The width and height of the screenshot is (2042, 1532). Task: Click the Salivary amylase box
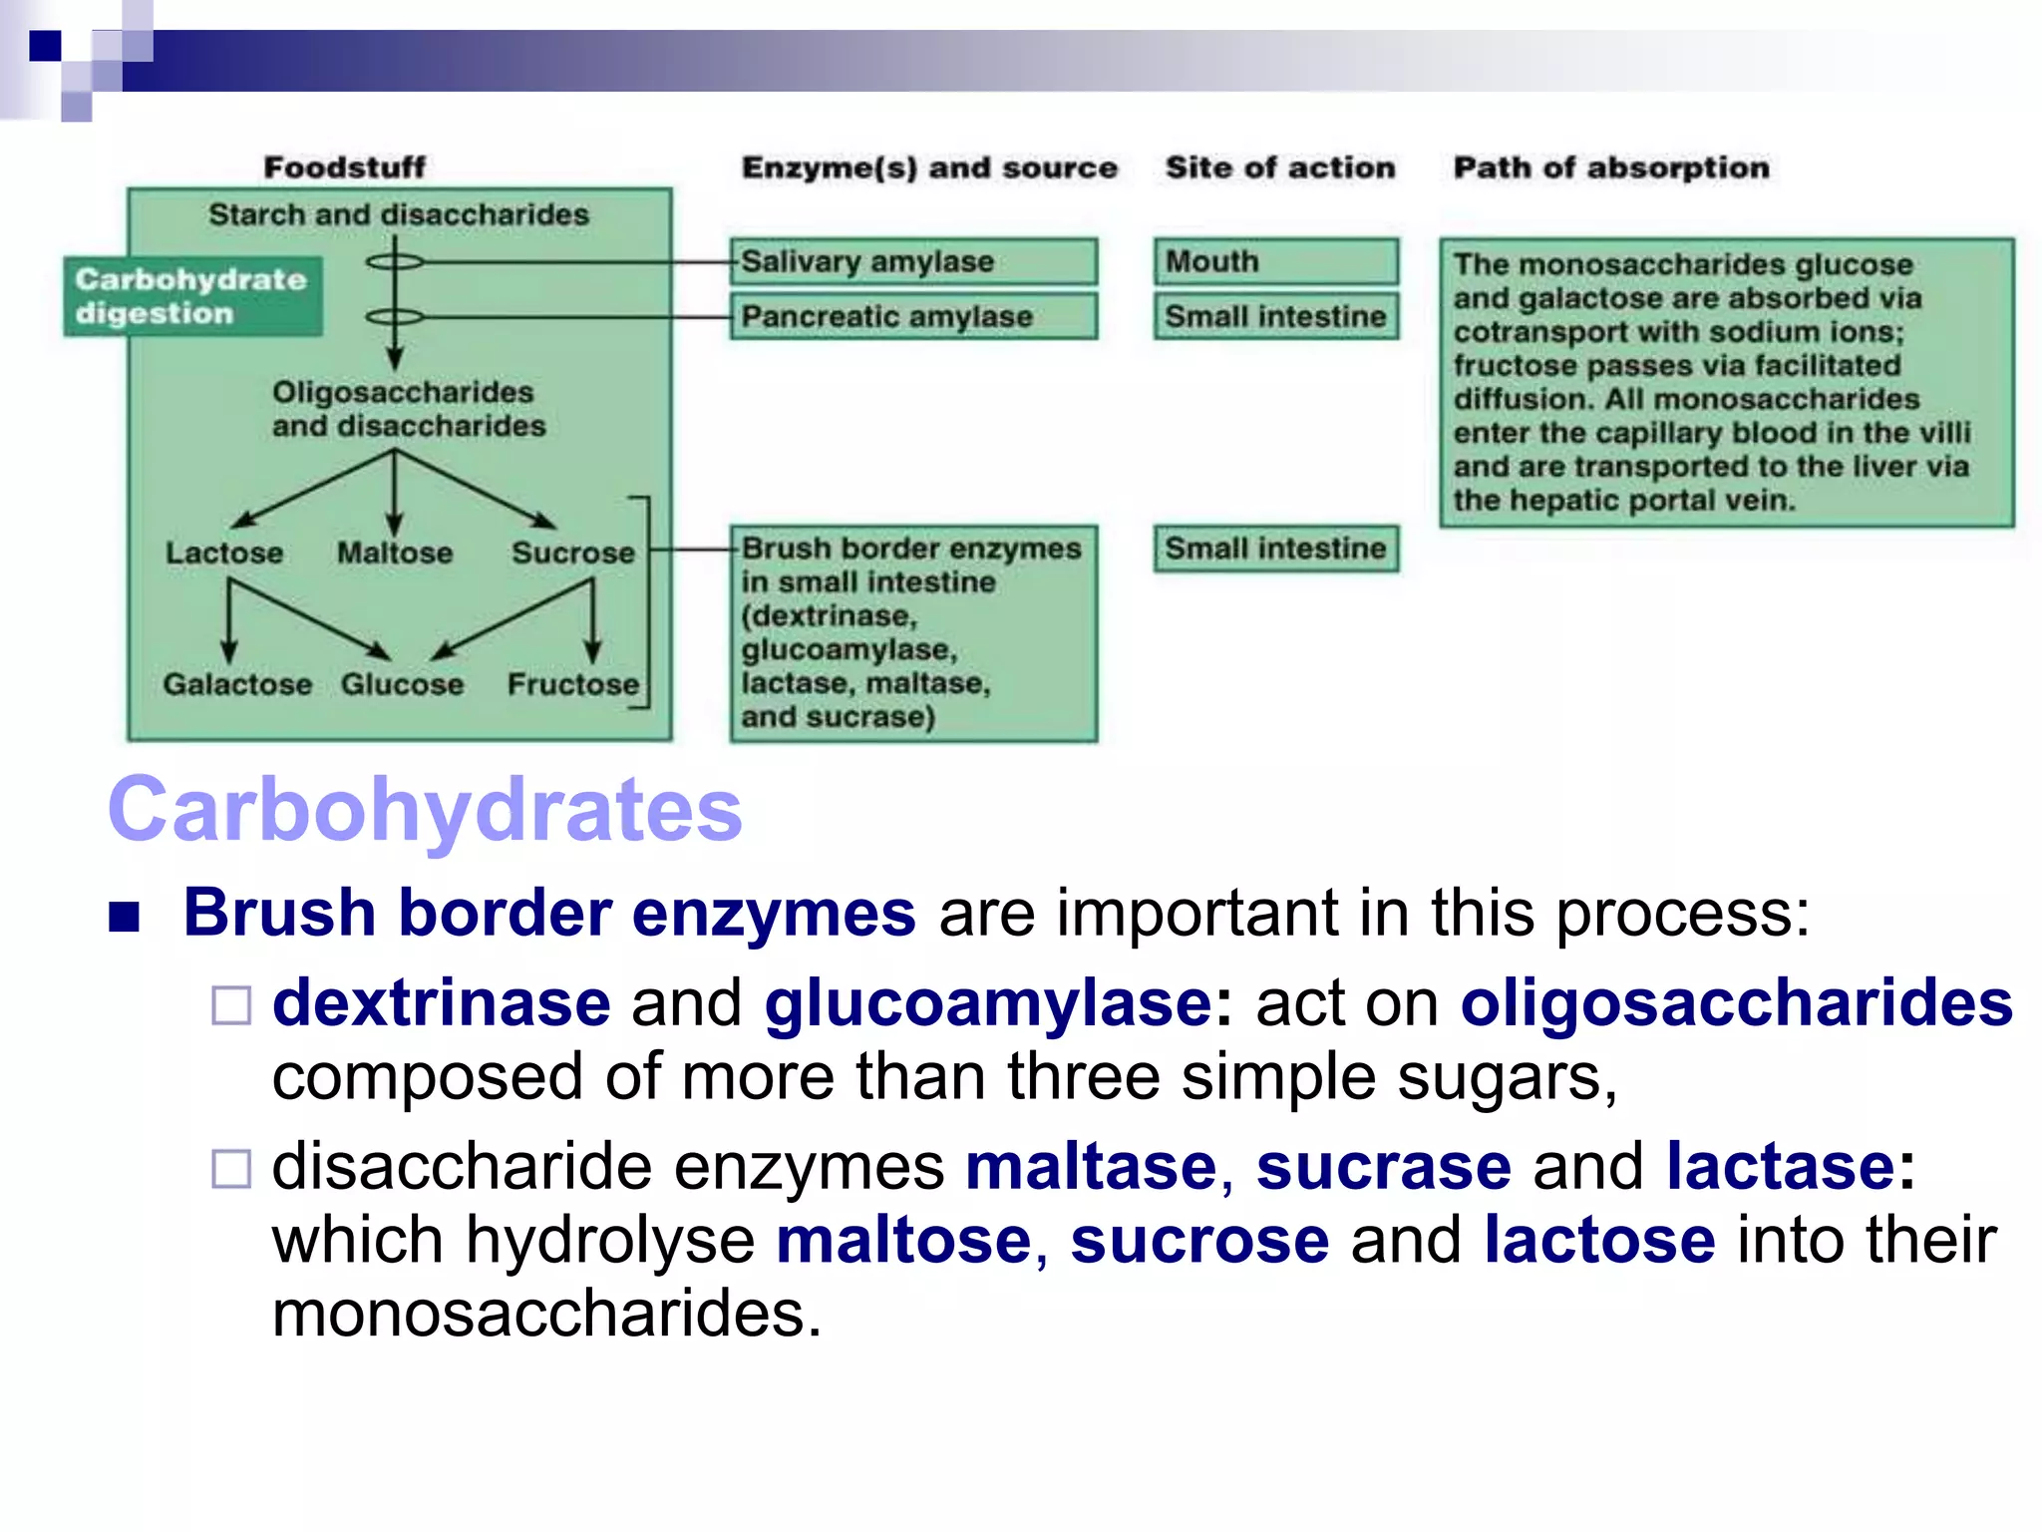click(x=912, y=261)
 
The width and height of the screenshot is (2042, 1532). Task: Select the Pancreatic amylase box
click(x=912, y=316)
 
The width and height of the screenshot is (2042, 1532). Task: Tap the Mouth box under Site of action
click(x=1275, y=261)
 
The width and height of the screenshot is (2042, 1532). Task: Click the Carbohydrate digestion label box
click(x=192, y=296)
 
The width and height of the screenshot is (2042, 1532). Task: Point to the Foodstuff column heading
click(x=344, y=168)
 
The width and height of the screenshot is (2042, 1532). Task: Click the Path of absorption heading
click(x=1610, y=168)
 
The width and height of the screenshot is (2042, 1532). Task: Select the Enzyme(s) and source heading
click(x=929, y=168)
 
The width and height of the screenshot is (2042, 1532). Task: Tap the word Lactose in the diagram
click(x=224, y=553)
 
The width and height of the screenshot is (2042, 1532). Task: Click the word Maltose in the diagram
click(x=395, y=553)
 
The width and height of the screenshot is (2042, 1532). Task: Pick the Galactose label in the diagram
click(x=237, y=684)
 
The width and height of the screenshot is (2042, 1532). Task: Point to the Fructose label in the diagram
click(x=573, y=684)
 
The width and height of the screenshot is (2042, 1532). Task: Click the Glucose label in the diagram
click(x=402, y=684)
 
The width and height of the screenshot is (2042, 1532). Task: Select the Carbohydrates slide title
click(x=425, y=809)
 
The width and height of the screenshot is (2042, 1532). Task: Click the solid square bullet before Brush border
click(x=125, y=916)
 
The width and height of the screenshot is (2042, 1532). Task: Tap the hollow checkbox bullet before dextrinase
click(x=231, y=1005)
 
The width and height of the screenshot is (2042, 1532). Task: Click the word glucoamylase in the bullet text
click(x=987, y=1002)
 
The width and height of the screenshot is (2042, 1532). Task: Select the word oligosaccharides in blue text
click(x=1736, y=1002)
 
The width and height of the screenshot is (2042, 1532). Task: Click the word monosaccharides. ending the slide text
click(x=546, y=1314)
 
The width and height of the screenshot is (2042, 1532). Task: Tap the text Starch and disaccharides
click(x=399, y=214)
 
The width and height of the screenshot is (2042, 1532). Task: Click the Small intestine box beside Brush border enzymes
click(x=1275, y=549)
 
